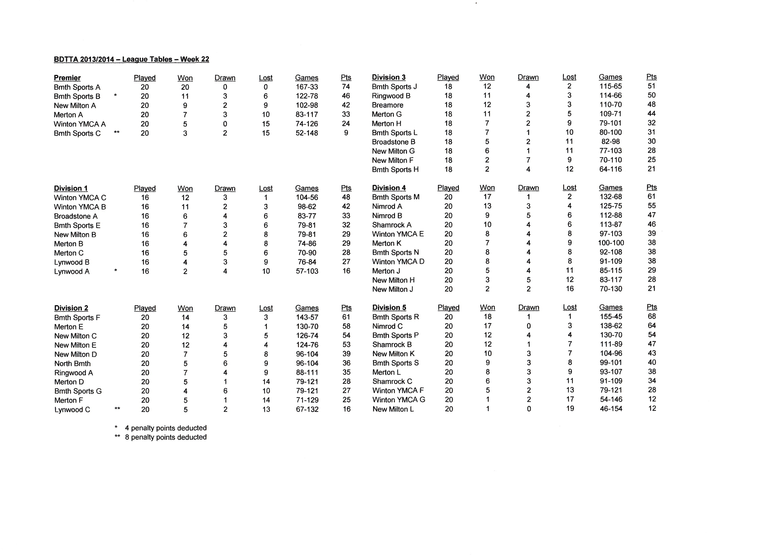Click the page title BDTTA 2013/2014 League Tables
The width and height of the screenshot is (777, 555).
pos(131,59)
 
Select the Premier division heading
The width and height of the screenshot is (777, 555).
pos(67,78)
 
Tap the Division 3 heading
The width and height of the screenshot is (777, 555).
pos(389,77)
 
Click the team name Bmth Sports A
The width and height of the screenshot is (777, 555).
pos(77,87)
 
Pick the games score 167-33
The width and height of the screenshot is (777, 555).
pos(307,87)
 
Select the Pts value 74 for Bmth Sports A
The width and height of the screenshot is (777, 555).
pos(346,87)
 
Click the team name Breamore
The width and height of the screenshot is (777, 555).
pos(387,105)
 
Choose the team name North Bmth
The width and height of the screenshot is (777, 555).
pos(73,364)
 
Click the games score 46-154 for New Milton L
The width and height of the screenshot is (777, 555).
pos(611,409)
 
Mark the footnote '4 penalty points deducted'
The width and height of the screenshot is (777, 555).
pos(165,428)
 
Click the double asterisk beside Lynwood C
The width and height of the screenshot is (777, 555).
pos(117,408)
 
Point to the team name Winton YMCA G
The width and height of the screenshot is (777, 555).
pos(398,399)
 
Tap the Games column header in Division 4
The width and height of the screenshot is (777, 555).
pos(610,188)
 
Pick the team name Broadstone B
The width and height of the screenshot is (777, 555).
pos(393,142)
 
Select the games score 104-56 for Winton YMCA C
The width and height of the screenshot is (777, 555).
pos(307,197)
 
